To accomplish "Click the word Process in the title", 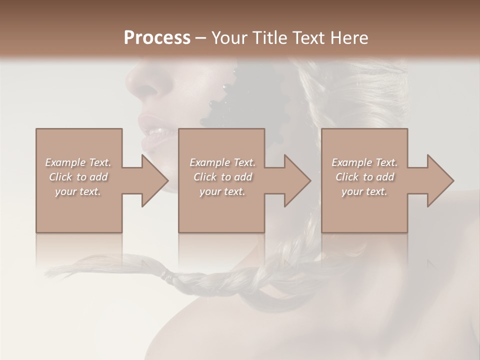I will (157, 37).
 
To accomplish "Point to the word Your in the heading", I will (228, 37).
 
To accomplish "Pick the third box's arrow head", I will (440, 180).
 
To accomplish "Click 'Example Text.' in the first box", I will (78, 162).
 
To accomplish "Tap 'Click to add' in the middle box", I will (222, 177).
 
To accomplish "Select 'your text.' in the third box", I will (364, 191).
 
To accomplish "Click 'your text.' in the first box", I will (78, 191).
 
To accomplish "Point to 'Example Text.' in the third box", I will (364, 162).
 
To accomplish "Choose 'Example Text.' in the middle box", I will (222, 162).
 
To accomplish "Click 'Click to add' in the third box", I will (364, 177).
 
